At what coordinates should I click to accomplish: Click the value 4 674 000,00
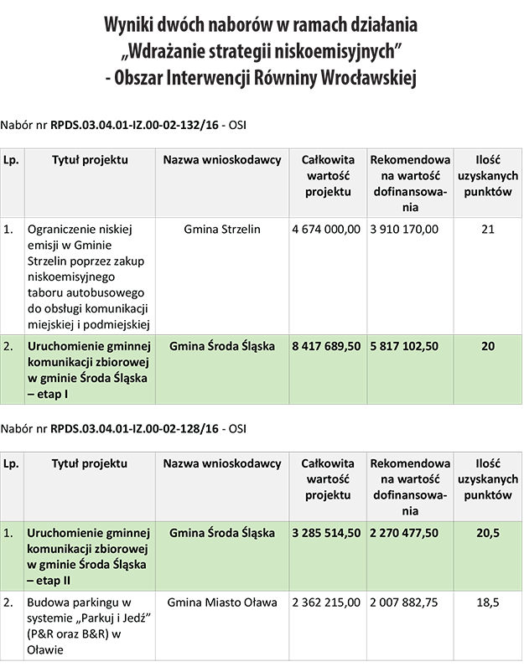tap(326, 230)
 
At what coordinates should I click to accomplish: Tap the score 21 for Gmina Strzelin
tap(487, 230)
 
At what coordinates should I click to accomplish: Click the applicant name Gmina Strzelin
tap(221, 230)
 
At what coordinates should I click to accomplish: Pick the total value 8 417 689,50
tap(326, 345)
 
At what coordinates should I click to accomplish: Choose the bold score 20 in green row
tap(487, 345)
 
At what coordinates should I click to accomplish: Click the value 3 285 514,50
tap(326, 533)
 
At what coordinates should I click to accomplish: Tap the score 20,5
tap(487, 533)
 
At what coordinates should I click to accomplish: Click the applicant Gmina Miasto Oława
tap(221, 602)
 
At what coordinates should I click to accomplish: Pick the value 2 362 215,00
tap(326, 602)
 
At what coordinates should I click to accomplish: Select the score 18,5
tap(487, 602)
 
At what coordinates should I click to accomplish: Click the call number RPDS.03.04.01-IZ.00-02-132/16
tap(134, 124)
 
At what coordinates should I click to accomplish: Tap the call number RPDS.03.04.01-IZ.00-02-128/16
tap(134, 428)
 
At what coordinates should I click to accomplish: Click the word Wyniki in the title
tap(132, 25)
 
